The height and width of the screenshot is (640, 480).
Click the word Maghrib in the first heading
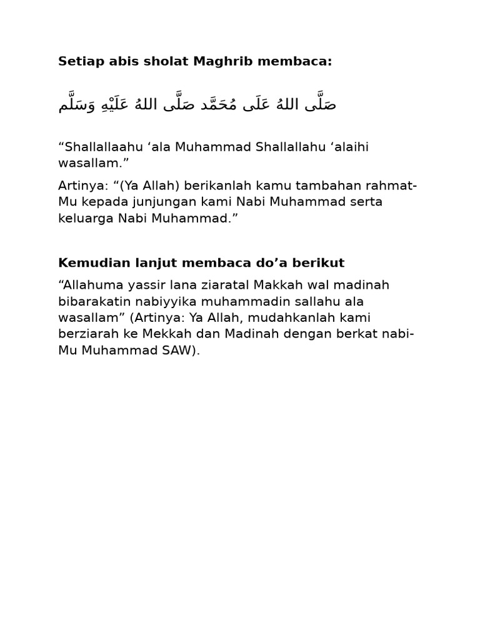coord(222,61)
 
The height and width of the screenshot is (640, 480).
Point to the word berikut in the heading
coord(322,261)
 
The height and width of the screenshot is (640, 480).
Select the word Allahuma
coord(87,285)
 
